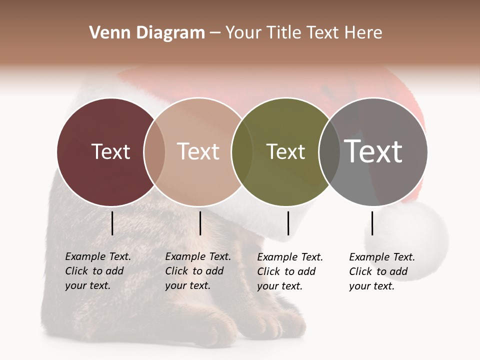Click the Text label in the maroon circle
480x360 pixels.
tap(110, 151)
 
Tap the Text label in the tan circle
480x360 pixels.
tap(198, 151)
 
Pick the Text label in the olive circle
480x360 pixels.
tap(285, 151)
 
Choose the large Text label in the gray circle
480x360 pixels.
tap(373, 151)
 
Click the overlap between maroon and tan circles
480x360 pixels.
tap(154, 151)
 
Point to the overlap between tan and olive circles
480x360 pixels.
tap(242, 151)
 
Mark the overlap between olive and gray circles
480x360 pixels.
tap(329, 151)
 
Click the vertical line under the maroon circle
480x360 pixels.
tap(112, 223)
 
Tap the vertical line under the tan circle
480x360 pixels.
tap(200, 223)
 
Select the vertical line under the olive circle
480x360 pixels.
tap(288, 223)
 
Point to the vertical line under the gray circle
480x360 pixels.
tap(372, 223)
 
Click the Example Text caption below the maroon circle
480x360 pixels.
tap(97, 271)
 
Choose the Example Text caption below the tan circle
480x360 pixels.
tap(197, 271)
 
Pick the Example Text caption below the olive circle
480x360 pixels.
tap(289, 271)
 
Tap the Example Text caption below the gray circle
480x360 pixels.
tap(381, 271)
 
